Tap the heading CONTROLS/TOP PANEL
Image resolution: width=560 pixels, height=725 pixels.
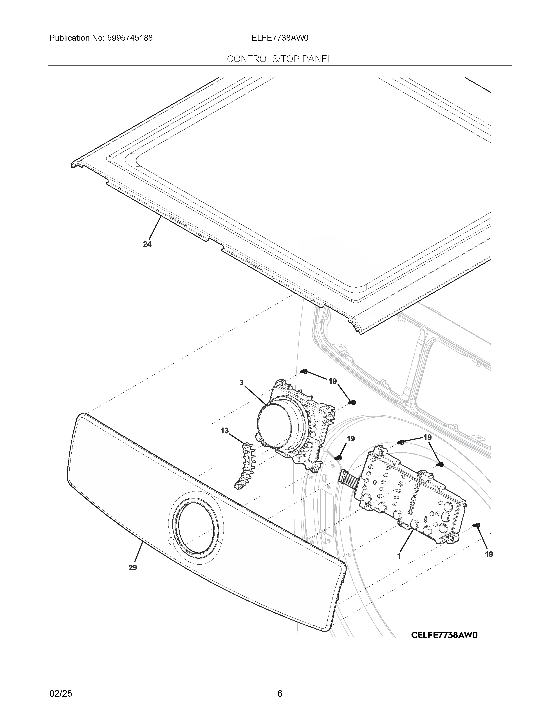coord(280,59)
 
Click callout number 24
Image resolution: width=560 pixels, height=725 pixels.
coord(147,244)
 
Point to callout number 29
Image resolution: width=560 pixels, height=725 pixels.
coord(133,568)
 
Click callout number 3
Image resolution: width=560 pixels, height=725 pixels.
coord(242,383)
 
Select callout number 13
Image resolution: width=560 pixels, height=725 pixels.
coord(225,431)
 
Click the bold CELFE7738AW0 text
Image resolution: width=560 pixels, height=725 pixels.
coord(444,635)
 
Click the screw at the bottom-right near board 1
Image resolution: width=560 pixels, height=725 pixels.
coord(477,525)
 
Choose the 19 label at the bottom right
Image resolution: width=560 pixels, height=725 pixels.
coord(489,554)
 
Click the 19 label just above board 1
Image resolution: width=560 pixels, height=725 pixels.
coord(428,437)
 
